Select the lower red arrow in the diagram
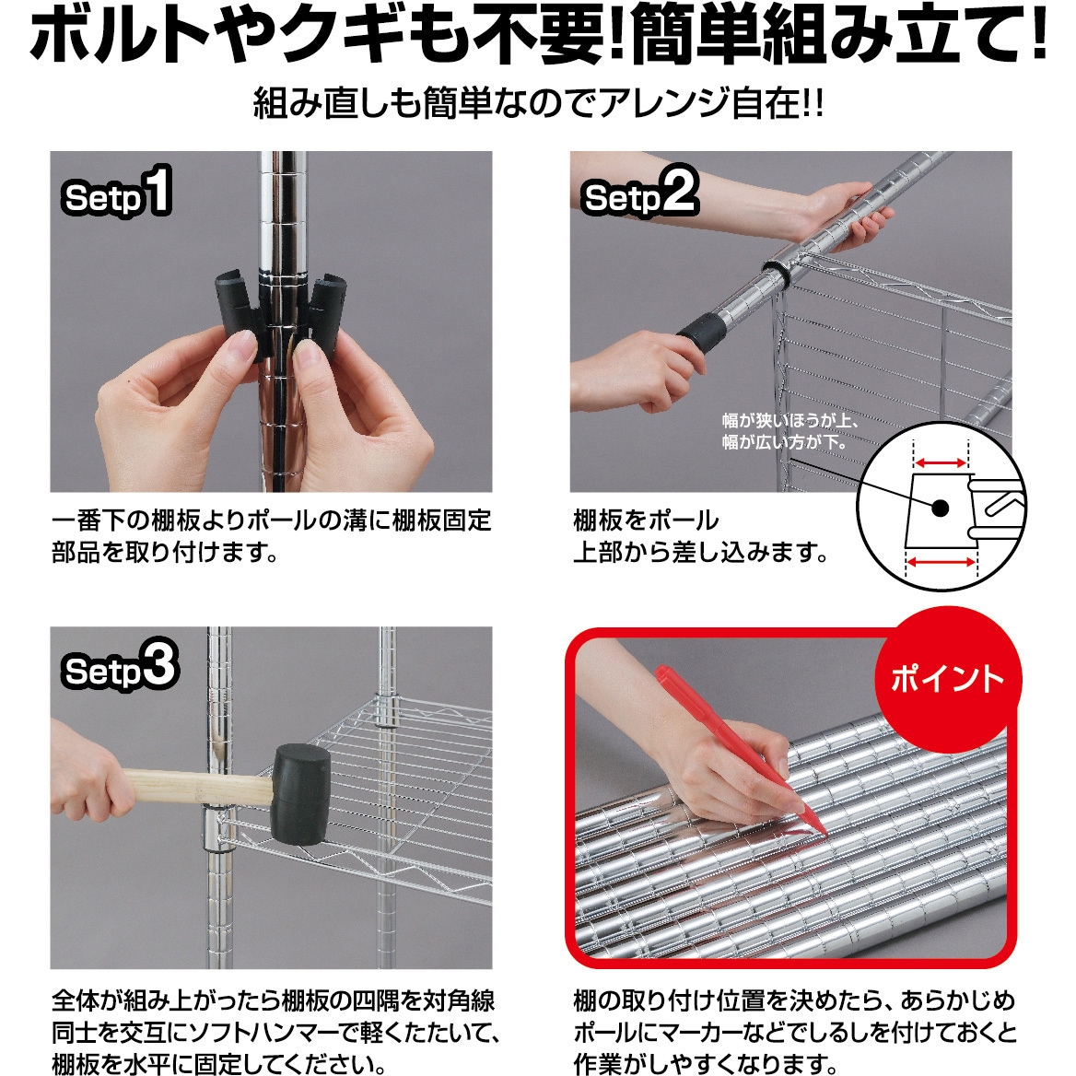[x=941, y=562]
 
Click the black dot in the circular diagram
[x=939, y=508]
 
